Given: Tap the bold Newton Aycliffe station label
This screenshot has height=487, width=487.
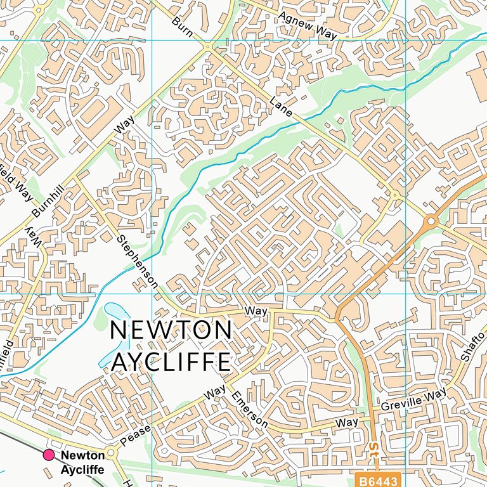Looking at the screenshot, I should (82, 462).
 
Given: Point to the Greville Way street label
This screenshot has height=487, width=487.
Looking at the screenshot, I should (414, 401).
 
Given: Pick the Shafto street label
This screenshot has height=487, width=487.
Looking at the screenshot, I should (472, 346).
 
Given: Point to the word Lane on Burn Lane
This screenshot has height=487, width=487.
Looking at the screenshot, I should (280, 107).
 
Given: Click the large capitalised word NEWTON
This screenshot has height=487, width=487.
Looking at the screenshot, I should (171, 331).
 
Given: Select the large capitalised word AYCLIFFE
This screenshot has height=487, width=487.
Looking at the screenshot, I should (171, 361).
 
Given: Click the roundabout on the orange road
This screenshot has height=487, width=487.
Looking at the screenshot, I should (431, 221).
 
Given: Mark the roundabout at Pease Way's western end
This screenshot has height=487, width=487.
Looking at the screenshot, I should (113, 453).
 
